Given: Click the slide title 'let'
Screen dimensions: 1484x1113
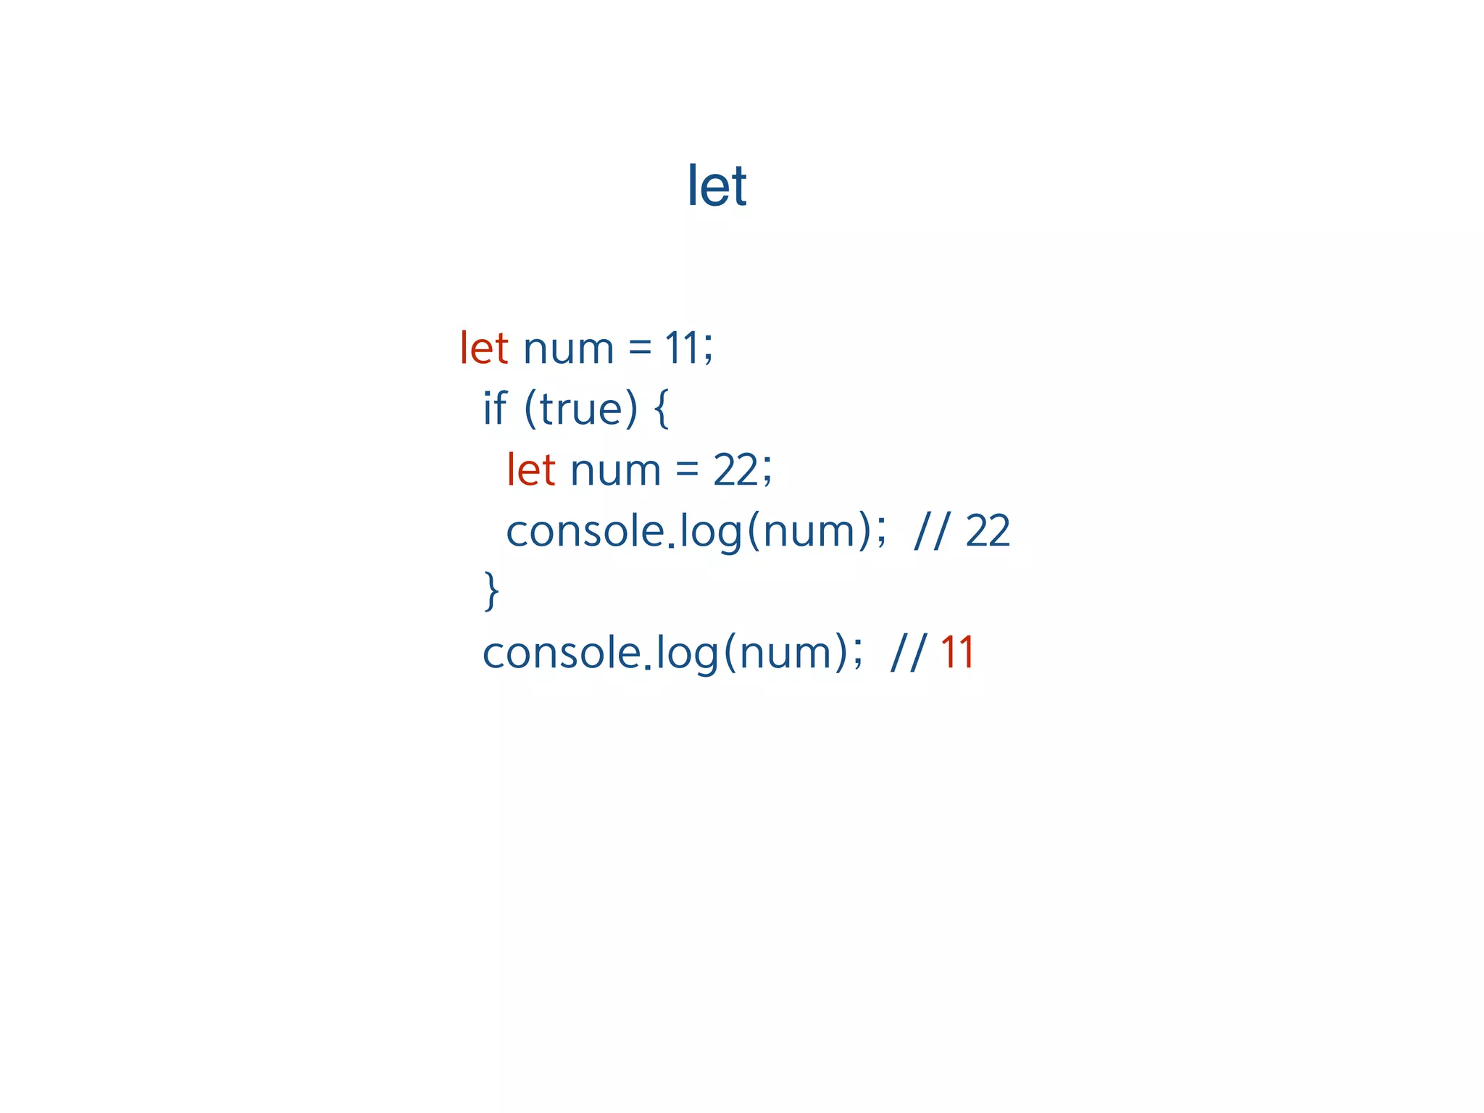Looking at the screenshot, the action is click(x=717, y=185).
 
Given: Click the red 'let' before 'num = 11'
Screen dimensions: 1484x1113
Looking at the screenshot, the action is click(x=484, y=348).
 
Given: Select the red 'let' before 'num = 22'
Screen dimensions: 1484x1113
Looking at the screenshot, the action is click(x=531, y=470).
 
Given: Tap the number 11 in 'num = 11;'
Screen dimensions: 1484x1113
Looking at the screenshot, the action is click(x=681, y=348).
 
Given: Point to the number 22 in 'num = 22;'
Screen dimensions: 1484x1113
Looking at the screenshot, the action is click(x=735, y=470).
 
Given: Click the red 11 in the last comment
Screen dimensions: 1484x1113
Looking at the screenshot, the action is click(x=957, y=652).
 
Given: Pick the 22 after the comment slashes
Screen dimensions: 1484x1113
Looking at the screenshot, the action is click(x=988, y=530).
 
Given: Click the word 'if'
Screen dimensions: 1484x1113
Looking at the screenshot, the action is click(x=495, y=408).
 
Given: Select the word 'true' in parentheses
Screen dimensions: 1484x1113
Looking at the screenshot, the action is click(x=580, y=409).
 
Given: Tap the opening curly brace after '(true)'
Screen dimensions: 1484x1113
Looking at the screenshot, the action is click(x=661, y=409).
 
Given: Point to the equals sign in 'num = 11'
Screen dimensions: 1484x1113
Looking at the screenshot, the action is click(x=640, y=349).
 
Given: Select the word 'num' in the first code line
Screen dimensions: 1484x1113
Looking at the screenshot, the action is click(x=568, y=349).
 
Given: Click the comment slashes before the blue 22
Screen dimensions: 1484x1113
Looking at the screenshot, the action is click(x=930, y=531).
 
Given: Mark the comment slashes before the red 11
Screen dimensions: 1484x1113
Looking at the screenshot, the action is click(x=907, y=653).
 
